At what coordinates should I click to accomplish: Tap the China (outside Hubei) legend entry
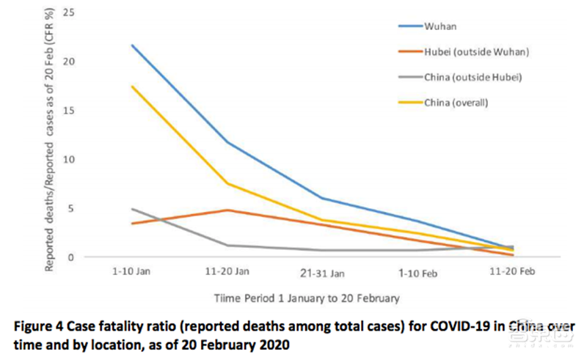point(467,76)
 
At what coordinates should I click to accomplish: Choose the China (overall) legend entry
point(456,102)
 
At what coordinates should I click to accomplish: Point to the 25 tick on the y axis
point(68,12)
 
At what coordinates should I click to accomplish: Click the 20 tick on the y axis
point(68,61)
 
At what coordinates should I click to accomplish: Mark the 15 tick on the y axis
point(68,110)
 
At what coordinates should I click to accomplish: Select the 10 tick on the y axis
point(68,159)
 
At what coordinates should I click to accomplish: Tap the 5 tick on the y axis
point(70,207)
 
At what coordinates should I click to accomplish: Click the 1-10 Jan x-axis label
point(131,272)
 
